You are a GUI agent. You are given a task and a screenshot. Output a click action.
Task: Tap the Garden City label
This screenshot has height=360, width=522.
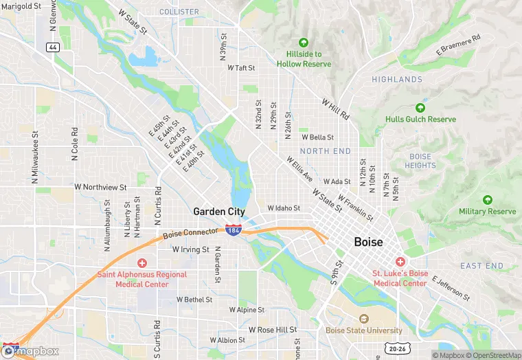tap(219, 212)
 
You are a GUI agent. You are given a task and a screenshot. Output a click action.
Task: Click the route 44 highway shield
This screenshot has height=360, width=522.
tap(52, 47)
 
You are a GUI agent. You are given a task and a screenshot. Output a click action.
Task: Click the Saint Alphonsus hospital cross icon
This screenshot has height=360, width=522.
tap(141, 262)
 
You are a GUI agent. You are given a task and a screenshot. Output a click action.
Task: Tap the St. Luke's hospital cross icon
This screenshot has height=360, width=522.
tap(400, 262)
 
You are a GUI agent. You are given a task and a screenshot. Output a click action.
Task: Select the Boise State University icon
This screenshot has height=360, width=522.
tap(364, 319)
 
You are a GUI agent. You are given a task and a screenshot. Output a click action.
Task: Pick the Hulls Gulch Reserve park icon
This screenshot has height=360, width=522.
tap(420, 108)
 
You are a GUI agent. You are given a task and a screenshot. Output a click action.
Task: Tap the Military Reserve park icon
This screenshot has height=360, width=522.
tap(487, 200)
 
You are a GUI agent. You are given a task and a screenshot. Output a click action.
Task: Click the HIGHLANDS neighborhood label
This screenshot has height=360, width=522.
tap(397, 80)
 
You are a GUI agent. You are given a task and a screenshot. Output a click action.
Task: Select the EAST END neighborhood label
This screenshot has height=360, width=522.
tap(481, 266)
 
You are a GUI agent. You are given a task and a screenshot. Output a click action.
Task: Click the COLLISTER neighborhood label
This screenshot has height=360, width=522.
tap(179, 12)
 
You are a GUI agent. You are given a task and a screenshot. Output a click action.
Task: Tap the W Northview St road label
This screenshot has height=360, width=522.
tap(100, 187)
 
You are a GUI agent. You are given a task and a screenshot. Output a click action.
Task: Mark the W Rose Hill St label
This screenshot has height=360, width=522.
tap(273, 330)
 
